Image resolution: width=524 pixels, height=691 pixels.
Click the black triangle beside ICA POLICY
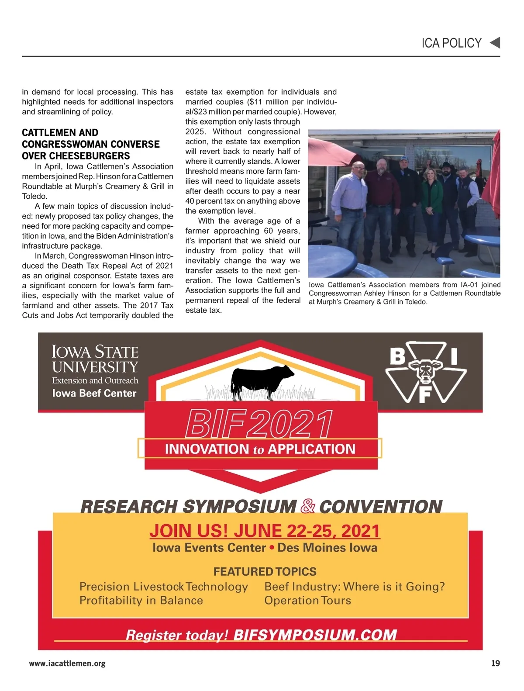[495, 43]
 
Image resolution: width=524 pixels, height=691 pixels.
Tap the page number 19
[495, 663]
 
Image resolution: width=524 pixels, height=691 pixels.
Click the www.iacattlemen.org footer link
[67, 663]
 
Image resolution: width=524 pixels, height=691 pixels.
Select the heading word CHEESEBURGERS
[76, 156]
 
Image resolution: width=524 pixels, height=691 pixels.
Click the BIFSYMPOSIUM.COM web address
[315, 635]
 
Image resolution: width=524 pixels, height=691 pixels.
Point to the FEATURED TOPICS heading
[265, 571]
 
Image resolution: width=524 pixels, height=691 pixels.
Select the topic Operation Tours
[307, 601]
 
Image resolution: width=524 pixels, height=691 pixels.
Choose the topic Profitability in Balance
[141, 601]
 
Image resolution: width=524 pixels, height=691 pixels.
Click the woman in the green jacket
[432, 205]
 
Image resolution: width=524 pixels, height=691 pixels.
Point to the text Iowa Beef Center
[94, 393]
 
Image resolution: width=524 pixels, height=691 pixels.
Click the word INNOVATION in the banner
[207, 449]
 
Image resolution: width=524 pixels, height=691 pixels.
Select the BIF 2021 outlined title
[259, 424]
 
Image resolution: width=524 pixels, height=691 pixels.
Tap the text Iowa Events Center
[209, 548]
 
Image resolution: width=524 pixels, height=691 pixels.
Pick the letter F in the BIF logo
[425, 395]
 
